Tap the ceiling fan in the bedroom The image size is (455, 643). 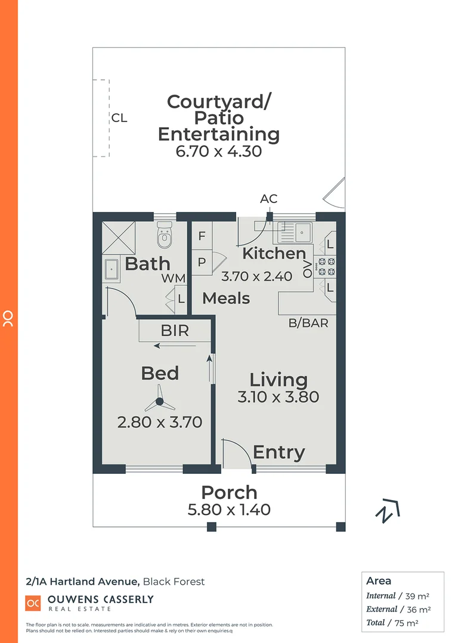point(159,403)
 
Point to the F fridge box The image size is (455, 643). point(202,236)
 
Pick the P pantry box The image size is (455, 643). point(202,262)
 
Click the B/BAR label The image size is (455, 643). point(308,324)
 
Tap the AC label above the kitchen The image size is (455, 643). point(269,199)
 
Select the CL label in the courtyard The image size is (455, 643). point(119,118)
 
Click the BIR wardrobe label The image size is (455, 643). point(175,330)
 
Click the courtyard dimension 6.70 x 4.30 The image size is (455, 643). point(219,151)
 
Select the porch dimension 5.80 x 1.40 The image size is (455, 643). point(229,510)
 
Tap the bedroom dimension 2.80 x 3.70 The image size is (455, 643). point(160,422)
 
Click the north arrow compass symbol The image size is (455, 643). point(388,510)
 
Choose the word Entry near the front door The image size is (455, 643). point(278,452)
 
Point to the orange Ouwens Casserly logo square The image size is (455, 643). point(32,603)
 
